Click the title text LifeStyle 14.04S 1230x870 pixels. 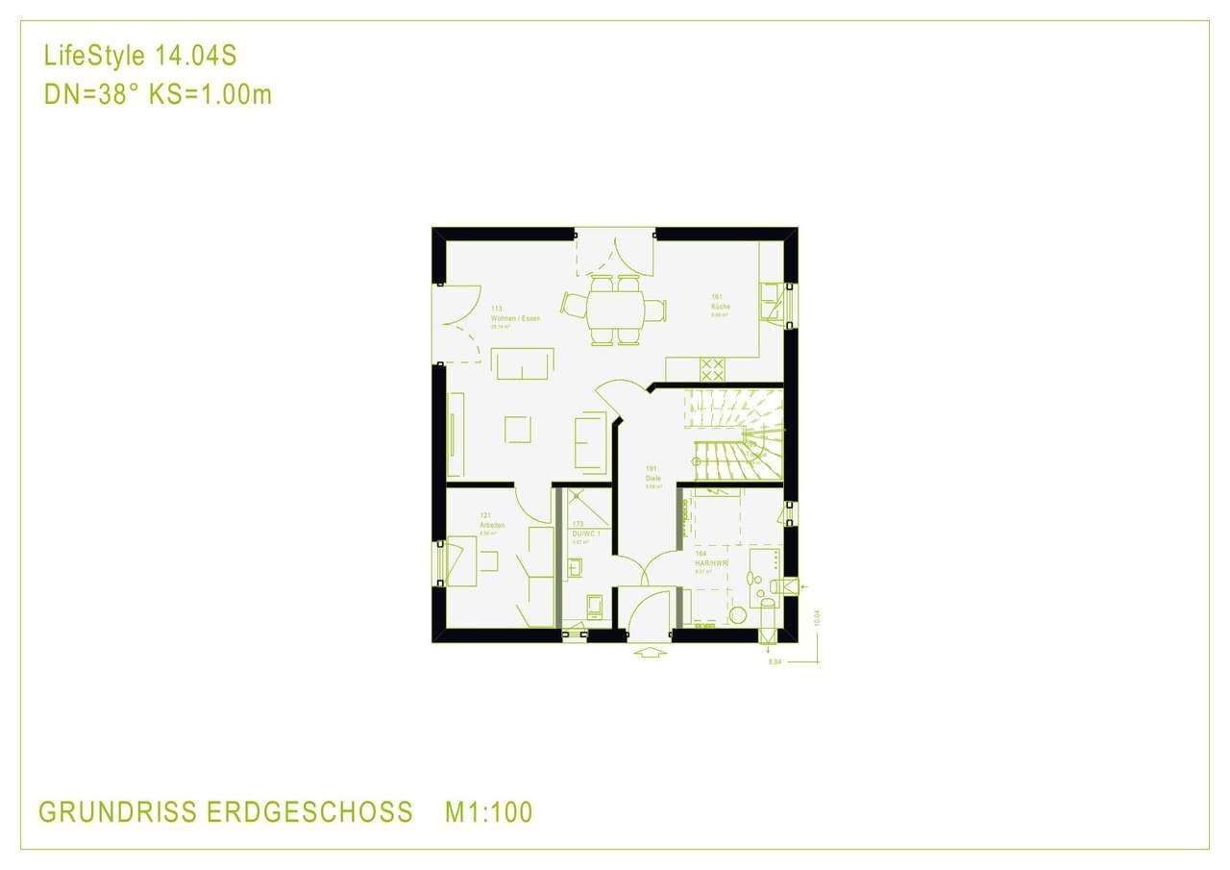pyautogui.click(x=140, y=57)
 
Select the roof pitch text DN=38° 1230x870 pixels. pyautogui.click(x=91, y=95)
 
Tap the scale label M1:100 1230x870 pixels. pyautogui.click(x=488, y=812)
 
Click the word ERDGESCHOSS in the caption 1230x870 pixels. pyautogui.click(x=308, y=812)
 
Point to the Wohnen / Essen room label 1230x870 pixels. pyautogui.click(x=514, y=317)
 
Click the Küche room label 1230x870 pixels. pyautogui.click(x=721, y=306)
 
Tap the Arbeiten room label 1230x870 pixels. pyautogui.click(x=492, y=526)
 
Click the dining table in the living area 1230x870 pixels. pyautogui.click(x=615, y=309)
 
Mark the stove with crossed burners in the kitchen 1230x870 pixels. pyautogui.click(x=712, y=369)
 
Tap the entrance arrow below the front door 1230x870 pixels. pyautogui.click(x=651, y=654)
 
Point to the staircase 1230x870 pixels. pyautogui.click(x=735, y=435)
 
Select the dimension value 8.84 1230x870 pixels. pyautogui.click(x=775, y=662)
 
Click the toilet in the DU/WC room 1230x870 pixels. pyautogui.click(x=595, y=605)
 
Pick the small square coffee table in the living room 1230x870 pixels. pyautogui.click(x=518, y=429)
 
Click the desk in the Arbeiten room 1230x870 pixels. pyautogui.click(x=461, y=560)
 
